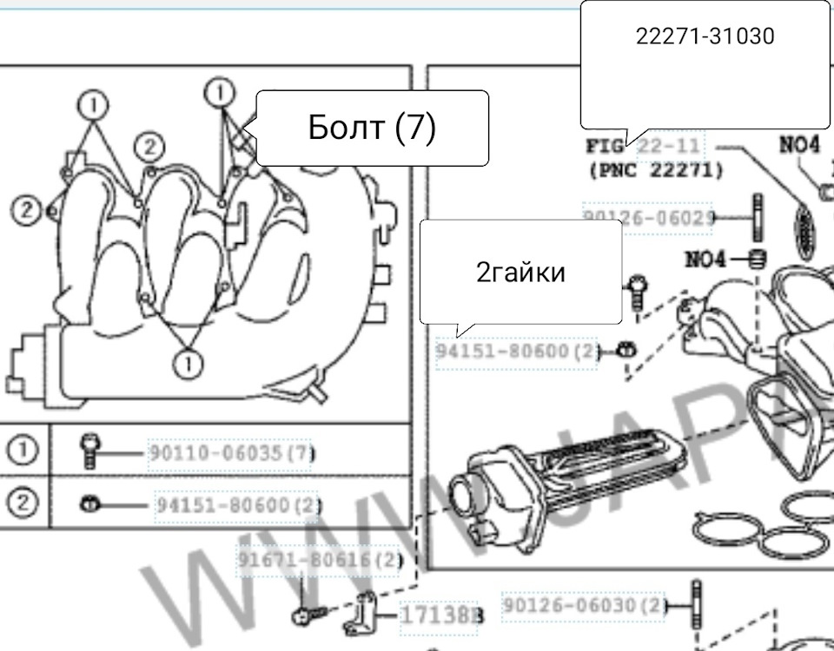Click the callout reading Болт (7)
coord(372,128)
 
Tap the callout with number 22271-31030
coord(705,36)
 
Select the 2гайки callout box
coord(520,273)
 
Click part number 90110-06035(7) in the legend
coord(231,453)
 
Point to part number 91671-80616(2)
coord(320,560)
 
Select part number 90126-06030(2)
coord(584,604)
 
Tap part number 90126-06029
coord(648,217)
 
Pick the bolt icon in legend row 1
coord(88,451)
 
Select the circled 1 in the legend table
coord(23,451)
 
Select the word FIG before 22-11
coord(606,145)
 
